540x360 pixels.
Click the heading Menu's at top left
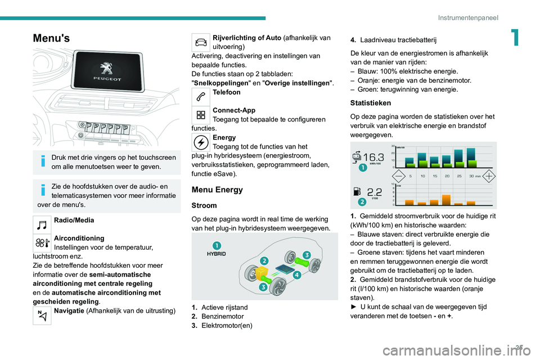point(52,38)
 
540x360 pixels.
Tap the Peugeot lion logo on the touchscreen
point(105,69)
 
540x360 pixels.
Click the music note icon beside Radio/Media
point(43,224)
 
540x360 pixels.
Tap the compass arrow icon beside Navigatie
point(43,316)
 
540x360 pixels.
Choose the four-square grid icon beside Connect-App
point(201,116)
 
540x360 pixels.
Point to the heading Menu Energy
point(217,190)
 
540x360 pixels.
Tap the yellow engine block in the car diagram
point(262,274)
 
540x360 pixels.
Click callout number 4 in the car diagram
point(296,276)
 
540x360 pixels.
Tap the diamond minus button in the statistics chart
point(398,176)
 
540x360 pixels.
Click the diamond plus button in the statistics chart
point(489,176)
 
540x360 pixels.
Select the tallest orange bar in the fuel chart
point(446,200)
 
